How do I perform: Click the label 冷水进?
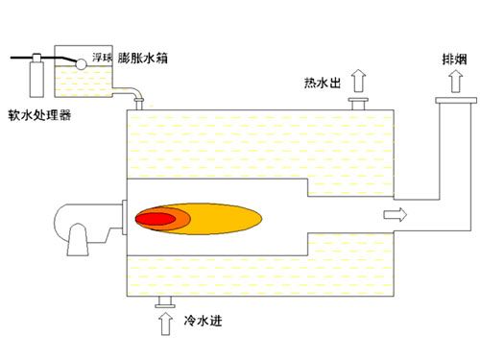point(198,320)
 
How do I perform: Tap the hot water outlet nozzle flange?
point(359,101)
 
